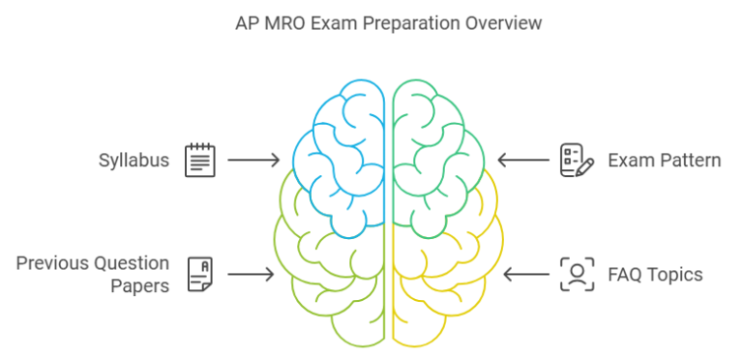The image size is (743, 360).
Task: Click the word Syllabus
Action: click(x=134, y=160)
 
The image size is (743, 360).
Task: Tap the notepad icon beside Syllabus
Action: click(x=200, y=161)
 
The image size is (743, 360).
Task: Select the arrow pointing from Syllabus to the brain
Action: click(x=253, y=160)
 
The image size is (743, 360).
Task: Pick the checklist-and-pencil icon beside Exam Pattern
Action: click(x=577, y=161)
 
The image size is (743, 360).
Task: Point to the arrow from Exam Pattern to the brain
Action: click(x=523, y=160)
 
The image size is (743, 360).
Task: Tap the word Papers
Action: click(x=139, y=286)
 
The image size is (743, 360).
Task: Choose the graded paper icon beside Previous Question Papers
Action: click(x=200, y=274)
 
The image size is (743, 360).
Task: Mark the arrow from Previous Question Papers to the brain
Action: click(x=251, y=274)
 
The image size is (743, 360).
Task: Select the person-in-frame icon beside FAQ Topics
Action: click(x=578, y=274)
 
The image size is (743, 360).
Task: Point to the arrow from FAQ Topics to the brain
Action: click(x=526, y=274)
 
